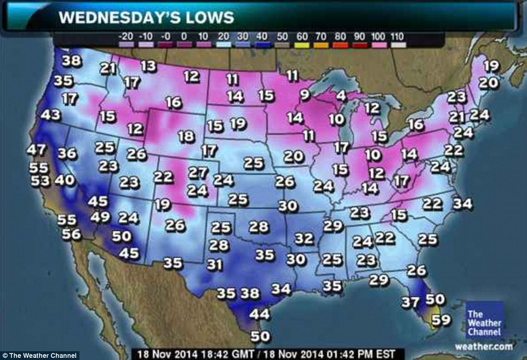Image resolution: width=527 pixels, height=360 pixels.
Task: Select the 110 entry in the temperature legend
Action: (x=397, y=37)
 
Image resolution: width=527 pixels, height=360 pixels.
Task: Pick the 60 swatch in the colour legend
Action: (x=302, y=37)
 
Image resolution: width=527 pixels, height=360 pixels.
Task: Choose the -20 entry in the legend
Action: (x=126, y=37)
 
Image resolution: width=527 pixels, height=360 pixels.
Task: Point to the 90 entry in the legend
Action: (x=359, y=37)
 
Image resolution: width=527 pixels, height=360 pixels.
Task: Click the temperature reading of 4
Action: (x=341, y=95)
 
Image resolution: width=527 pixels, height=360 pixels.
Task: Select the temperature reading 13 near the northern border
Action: (x=148, y=66)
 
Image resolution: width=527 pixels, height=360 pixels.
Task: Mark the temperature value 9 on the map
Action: (x=305, y=95)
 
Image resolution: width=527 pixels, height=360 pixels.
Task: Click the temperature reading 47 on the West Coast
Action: (x=37, y=150)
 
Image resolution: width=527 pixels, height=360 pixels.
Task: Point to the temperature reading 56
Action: (x=71, y=234)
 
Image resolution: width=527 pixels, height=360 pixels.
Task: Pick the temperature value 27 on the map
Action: (x=197, y=173)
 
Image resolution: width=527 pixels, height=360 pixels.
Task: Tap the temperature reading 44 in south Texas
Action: (x=260, y=315)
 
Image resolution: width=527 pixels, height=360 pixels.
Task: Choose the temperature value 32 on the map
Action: (x=304, y=238)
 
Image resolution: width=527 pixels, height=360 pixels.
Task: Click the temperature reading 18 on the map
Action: (x=186, y=136)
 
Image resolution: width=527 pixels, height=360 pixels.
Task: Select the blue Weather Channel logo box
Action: (x=485, y=321)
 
